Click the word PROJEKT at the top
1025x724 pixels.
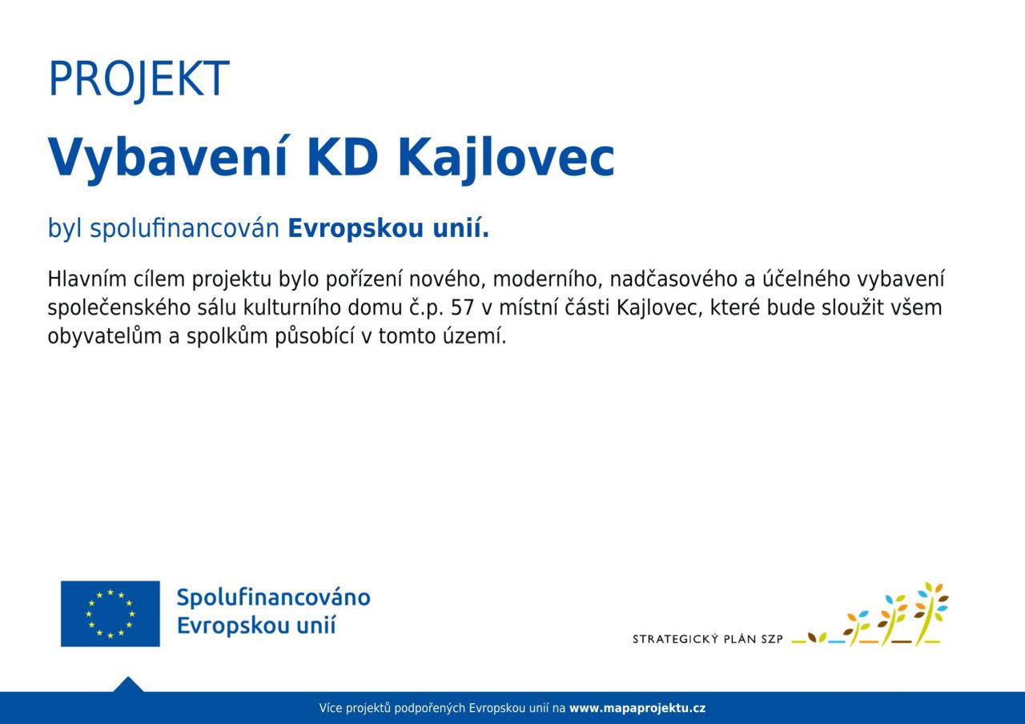point(139,78)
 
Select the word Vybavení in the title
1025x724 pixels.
point(167,159)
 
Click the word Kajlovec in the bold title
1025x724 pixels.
point(506,159)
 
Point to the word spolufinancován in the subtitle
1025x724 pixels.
point(184,228)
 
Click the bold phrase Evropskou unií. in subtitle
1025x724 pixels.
point(388,228)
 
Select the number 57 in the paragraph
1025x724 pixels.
point(462,308)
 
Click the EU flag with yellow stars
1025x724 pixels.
point(111,613)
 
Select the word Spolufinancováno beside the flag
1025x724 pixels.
point(274,597)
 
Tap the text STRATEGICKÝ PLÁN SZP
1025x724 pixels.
point(707,639)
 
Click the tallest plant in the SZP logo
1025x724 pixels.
point(930,614)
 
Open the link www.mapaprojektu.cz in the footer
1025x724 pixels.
point(637,709)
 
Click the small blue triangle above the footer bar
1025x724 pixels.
point(128,685)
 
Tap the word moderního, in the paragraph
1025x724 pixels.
point(548,279)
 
